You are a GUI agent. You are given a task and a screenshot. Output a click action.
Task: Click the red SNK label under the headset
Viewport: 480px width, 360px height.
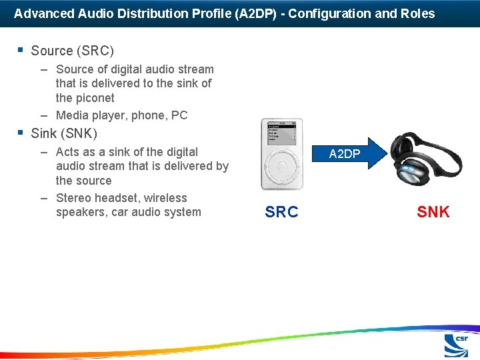[433, 213]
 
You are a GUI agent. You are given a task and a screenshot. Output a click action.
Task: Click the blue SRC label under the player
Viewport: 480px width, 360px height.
[281, 213]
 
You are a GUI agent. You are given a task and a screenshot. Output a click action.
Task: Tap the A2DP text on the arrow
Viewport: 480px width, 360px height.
[345, 154]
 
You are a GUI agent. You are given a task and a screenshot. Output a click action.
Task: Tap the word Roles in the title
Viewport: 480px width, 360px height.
[418, 13]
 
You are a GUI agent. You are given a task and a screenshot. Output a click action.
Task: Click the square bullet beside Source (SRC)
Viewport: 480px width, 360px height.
[21, 50]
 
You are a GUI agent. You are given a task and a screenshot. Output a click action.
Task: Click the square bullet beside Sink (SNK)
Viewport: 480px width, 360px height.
[21, 133]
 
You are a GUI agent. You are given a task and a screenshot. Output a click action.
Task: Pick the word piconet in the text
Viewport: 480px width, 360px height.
[95, 98]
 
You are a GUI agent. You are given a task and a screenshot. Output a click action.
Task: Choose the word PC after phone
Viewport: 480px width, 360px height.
[179, 115]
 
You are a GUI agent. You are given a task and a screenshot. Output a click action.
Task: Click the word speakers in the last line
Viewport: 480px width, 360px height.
[82, 213]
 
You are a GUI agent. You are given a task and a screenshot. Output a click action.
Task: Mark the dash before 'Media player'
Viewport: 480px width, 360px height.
[43, 115]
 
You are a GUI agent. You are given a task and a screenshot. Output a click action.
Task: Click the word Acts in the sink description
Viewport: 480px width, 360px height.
[69, 152]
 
